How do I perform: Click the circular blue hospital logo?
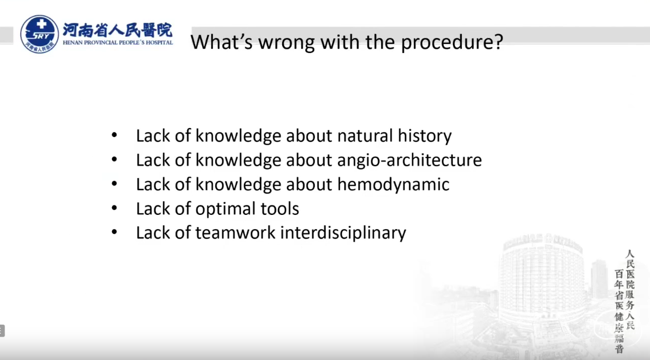pyautogui.click(x=39, y=34)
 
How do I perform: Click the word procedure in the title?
pyautogui.click(x=452, y=42)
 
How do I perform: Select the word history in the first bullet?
pyautogui.click(x=425, y=136)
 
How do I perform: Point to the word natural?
pyautogui.click(x=365, y=136)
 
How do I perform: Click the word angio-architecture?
pyautogui.click(x=409, y=160)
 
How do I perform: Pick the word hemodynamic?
pyautogui.click(x=393, y=185)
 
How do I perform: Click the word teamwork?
pyautogui.click(x=235, y=233)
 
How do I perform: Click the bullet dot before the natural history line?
pyautogui.click(x=114, y=135)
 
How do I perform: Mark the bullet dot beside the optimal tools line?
pyautogui.click(x=114, y=208)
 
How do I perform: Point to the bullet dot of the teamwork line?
pyautogui.click(x=114, y=232)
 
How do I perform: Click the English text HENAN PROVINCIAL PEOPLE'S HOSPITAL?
pyautogui.click(x=118, y=42)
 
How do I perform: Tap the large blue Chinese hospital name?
pyautogui.click(x=118, y=30)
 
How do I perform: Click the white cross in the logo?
pyautogui.click(x=41, y=24)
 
